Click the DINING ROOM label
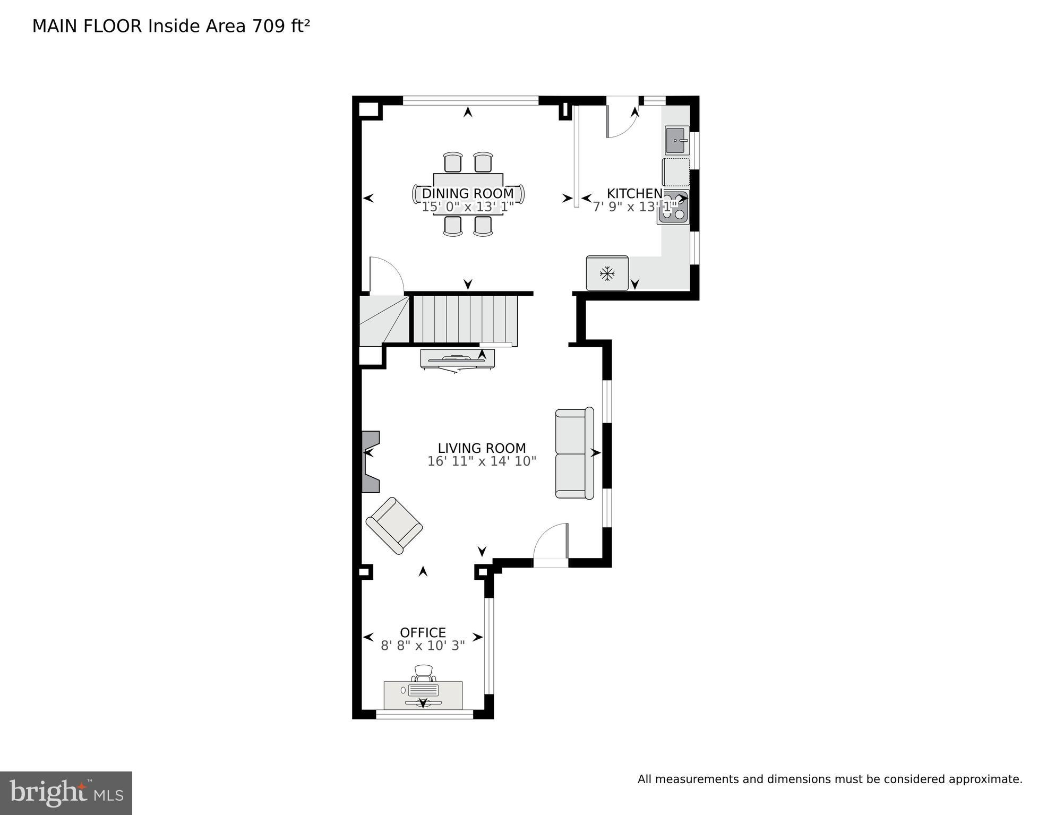click(467, 193)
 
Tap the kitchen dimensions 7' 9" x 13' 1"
click(634, 207)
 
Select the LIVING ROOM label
click(482, 448)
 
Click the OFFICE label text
click(423, 632)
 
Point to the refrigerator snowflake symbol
click(607, 274)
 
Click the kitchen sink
click(676, 140)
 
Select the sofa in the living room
click(574, 453)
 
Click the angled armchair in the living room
click(394, 525)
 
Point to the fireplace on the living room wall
click(371, 461)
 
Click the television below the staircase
click(457, 358)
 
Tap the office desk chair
click(424, 673)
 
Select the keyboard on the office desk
click(423, 690)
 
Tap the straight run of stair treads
click(465, 319)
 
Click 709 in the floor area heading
click(269, 26)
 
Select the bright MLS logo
click(66, 793)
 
